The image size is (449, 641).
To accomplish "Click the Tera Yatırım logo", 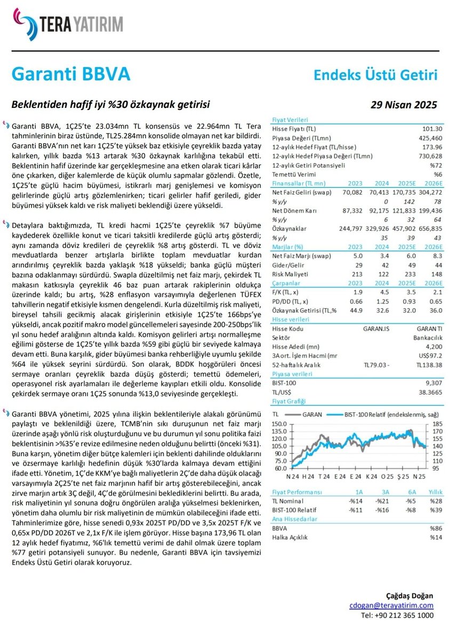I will click(x=66, y=25).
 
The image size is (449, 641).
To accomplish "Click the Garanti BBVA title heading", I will click(x=70, y=74).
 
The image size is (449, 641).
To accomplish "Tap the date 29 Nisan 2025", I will click(x=404, y=105).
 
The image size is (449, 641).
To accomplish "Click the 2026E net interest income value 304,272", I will click(x=424, y=192).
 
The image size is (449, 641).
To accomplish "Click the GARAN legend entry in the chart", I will click(x=311, y=414).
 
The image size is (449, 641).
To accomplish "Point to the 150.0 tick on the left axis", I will click(x=280, y=424).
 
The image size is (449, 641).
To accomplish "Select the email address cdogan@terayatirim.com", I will click(x=391, y=605).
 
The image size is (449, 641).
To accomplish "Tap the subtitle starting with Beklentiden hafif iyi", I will click(x=111, y=104).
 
